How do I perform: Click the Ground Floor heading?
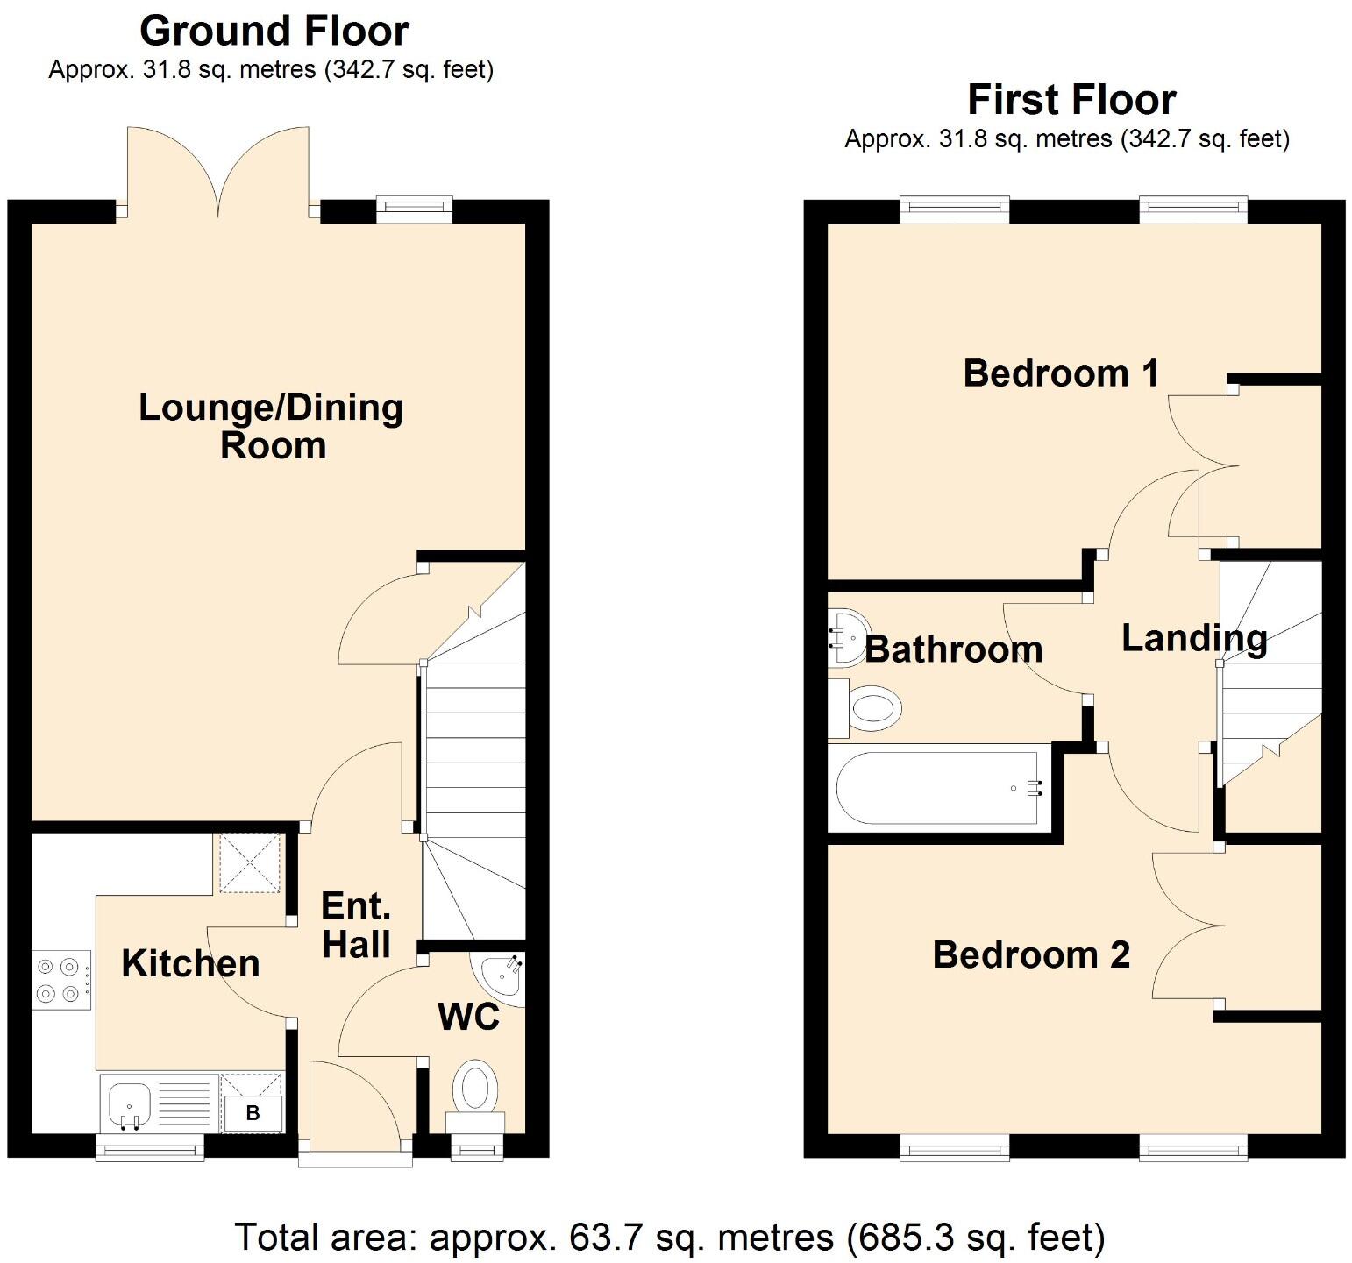coord(274,32)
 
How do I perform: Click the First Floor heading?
coord(1071,100)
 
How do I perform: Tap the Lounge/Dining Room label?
coord(271,426)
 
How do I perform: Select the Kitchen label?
coord(190,963)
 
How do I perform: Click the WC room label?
coord(468,1017)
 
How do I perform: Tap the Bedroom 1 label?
coord(1061,373)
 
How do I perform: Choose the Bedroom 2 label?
coord(1031,954)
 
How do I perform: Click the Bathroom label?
coord(954,649)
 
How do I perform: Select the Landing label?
coord(1194,638)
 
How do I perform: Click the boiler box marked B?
coord(253,1113)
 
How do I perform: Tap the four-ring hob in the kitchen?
coord(60,980)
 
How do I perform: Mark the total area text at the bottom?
coord(670,1238)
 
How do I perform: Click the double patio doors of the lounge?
coord(218,171)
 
